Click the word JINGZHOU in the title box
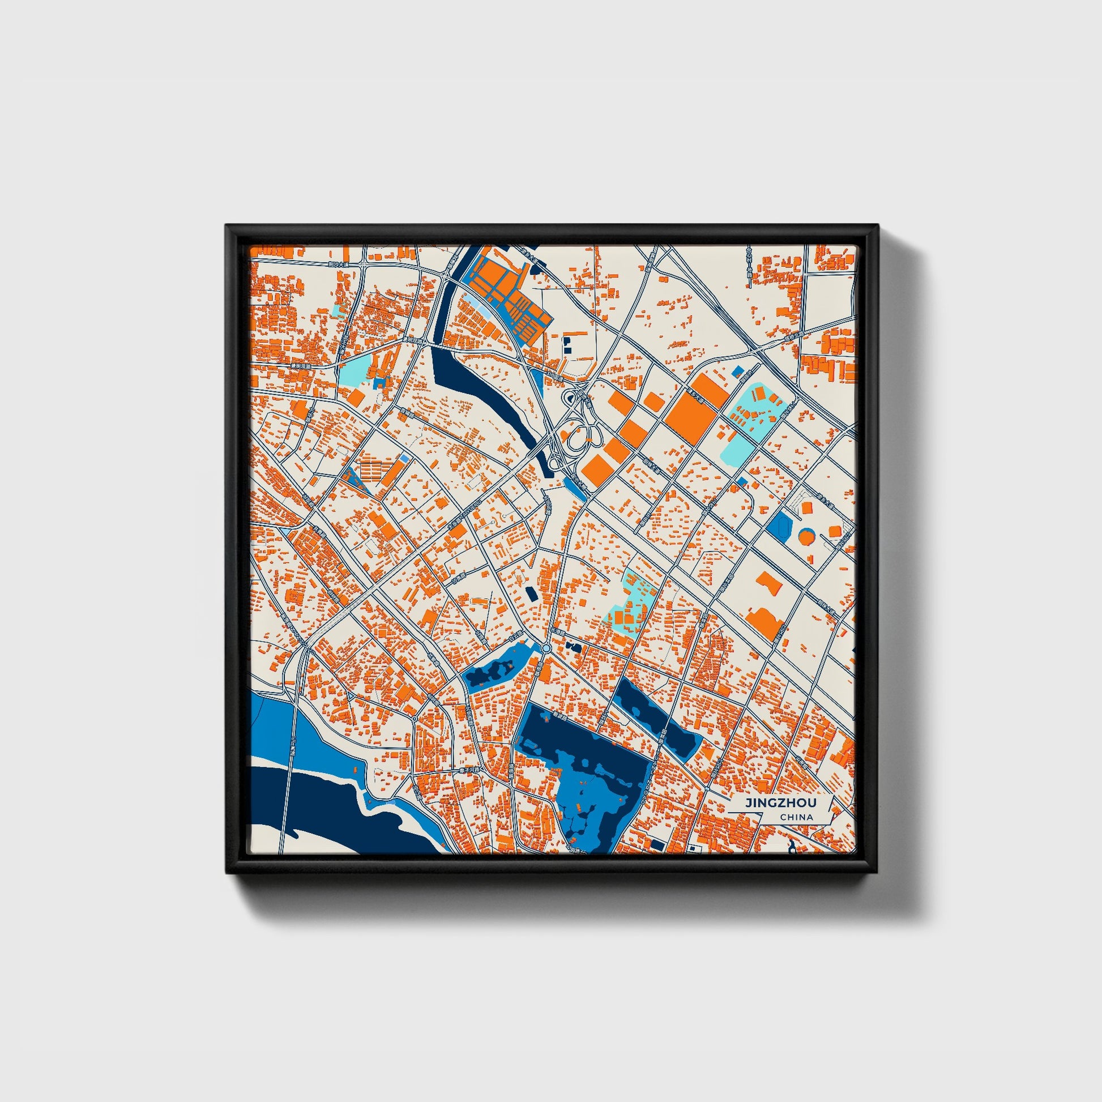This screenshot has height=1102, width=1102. pyautogui.click(x=780, y=802)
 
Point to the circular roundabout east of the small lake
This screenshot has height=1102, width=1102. pyautogui.click(x=546, y=648)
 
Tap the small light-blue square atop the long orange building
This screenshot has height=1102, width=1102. pyautogui.click(x=404, y=458)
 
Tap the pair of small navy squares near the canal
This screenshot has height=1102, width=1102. pyautogui.click(x=567, y=342)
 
